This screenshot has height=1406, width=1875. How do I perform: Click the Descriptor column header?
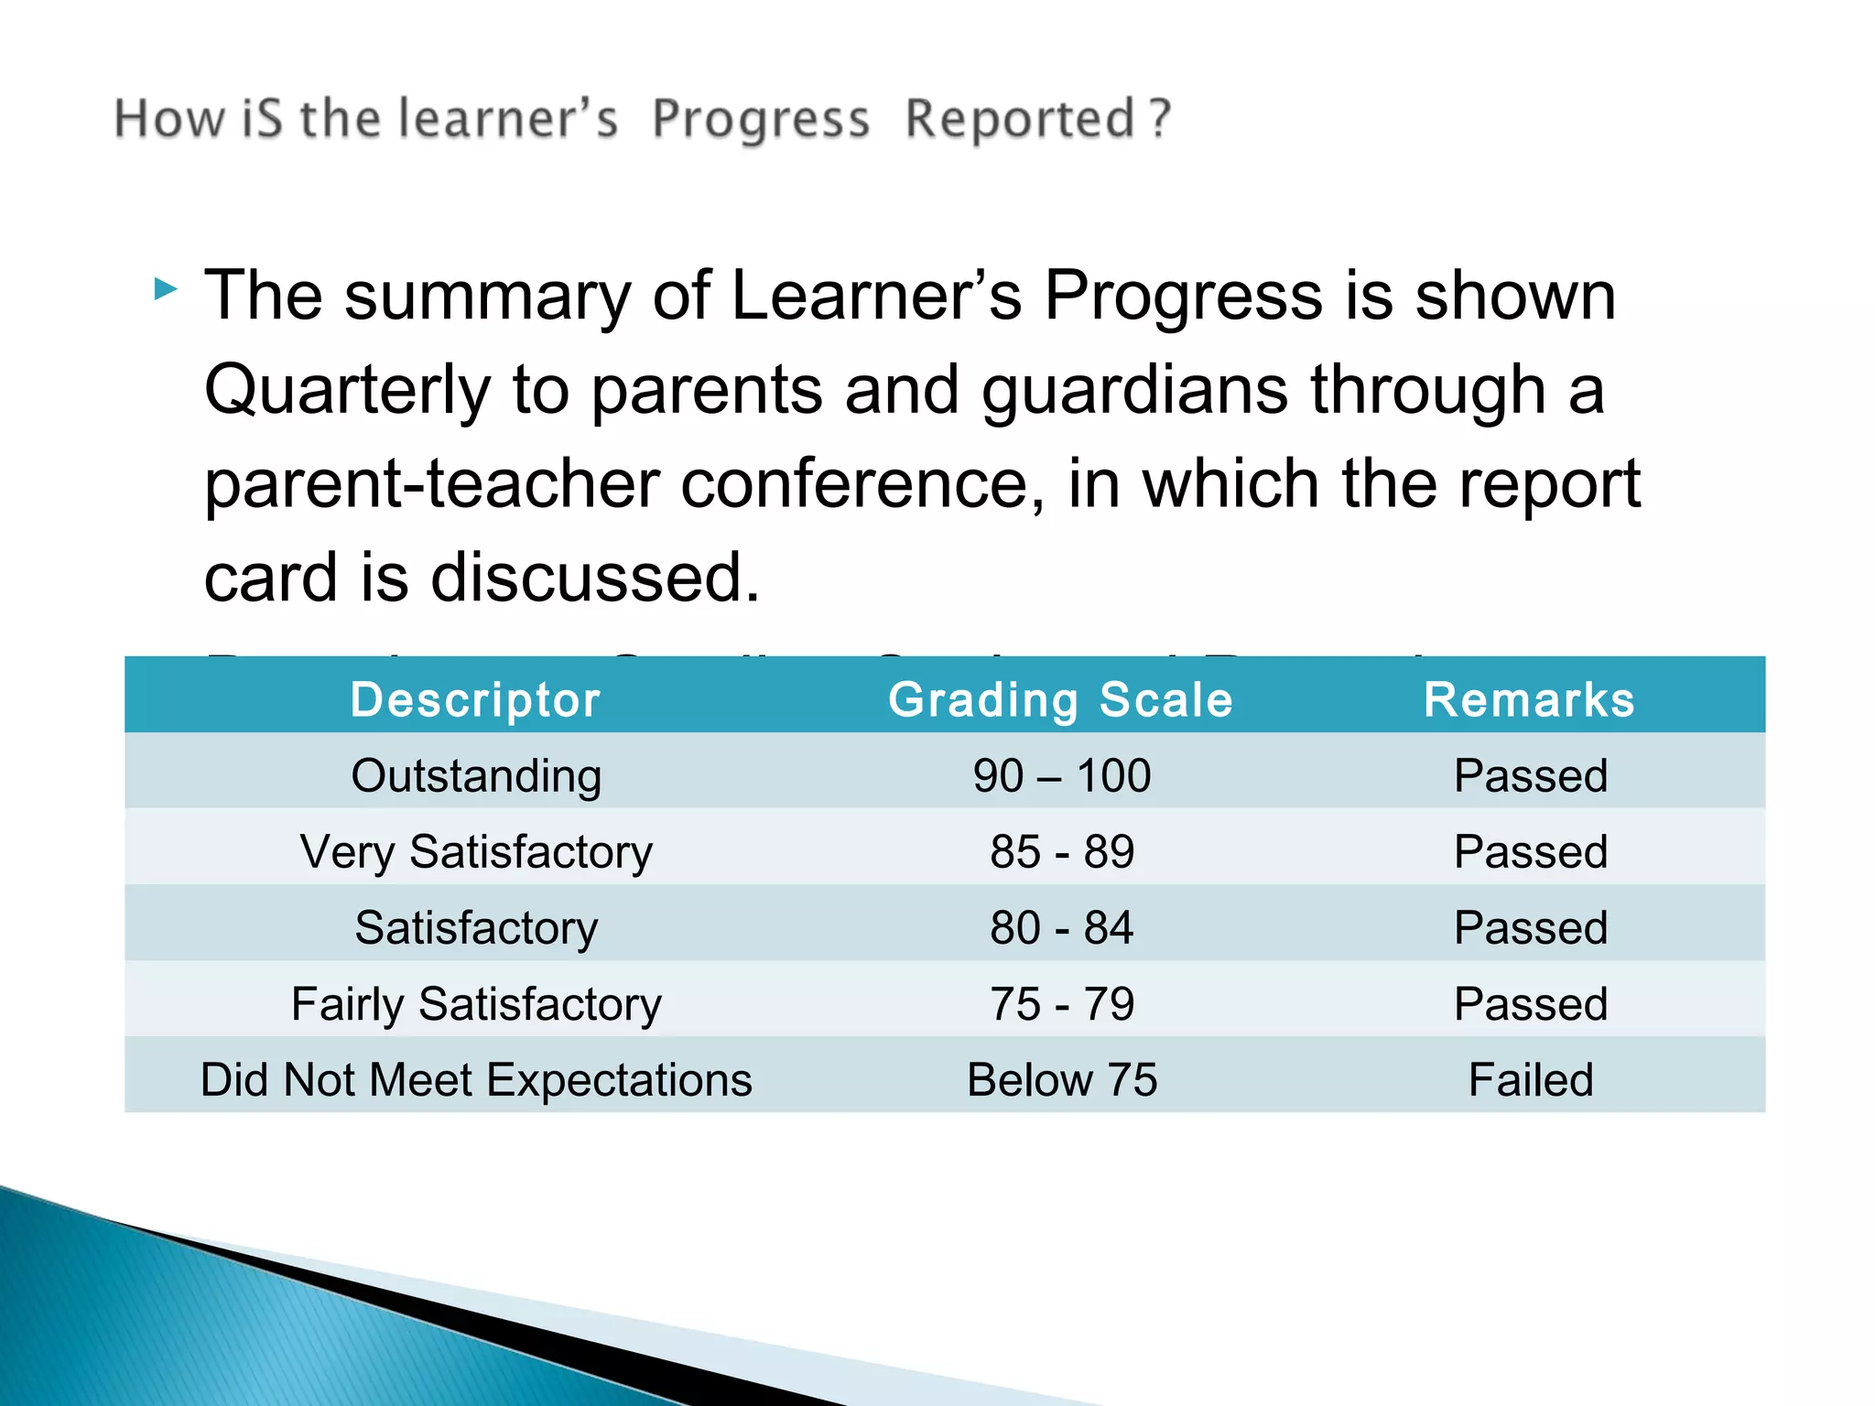coord(475,700)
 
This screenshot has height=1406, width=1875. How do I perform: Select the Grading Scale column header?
coord(1060,700)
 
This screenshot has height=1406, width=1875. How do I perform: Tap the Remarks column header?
coord(1529,700)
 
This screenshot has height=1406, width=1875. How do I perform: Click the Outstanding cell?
coord(476,776)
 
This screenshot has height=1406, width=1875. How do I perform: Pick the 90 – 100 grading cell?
coord(1061,776)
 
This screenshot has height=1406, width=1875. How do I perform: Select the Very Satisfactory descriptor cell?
coord(476,852)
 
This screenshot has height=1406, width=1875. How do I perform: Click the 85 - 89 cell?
coord(1061,852)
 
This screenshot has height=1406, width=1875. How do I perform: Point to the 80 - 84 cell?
coord(1061,928)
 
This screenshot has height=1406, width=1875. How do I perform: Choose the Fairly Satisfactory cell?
coord(476,1004)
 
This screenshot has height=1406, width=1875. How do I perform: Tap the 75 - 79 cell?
coord(1061,1004)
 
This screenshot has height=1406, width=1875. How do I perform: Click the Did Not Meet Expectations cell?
coord(476,1080)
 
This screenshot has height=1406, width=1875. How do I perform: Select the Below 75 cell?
coord(1061,1080)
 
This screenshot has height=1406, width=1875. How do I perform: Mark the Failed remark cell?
coord(1530,1080)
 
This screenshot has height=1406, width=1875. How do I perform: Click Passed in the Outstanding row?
coord(1530,776)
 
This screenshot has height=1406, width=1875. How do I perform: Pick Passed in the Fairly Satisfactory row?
coord(1530,1004)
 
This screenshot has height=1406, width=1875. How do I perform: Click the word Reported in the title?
coord(1020,120)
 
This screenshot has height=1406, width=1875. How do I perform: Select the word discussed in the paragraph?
coord(594,579)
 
